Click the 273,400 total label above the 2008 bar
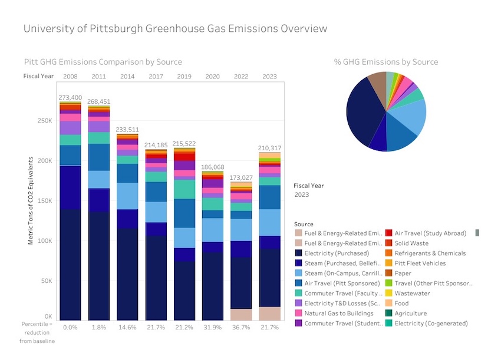pyautogui.click(x=70, y=97)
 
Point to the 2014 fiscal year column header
pyautogui.click(x=127, y=76)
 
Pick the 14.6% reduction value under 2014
pyautogui.click(x=127, y=327)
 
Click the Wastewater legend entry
pyautogui.click(x=412, y=293)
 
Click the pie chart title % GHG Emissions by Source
pyautogui.click(x=386, y=62)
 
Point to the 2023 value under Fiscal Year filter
pyautogui.click(x=302, y=194)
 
